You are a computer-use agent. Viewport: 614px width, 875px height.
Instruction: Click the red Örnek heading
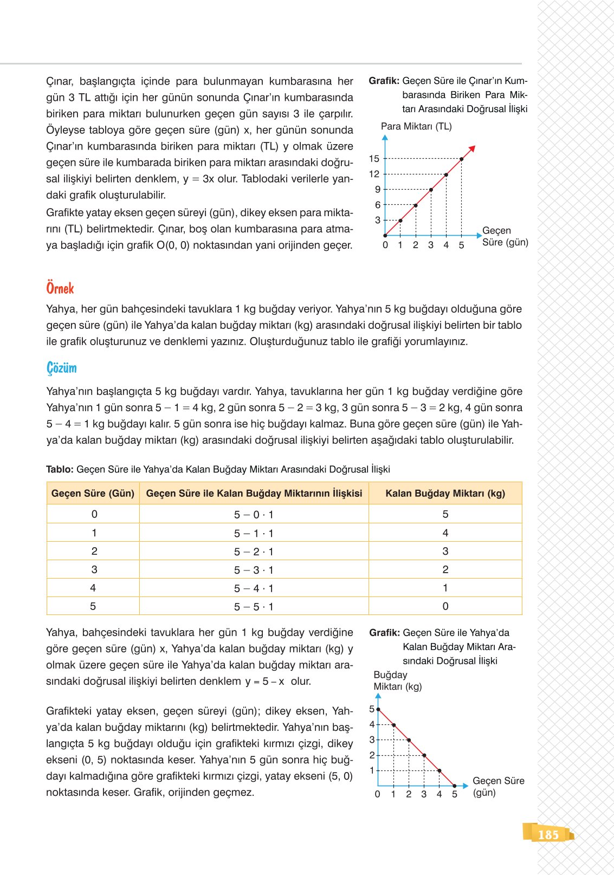point(60,288)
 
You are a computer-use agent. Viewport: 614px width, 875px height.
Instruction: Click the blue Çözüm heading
point(61,368)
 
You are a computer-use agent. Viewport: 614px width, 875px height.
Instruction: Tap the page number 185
point(548,834)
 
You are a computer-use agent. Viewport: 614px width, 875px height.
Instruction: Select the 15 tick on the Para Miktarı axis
point(374,159)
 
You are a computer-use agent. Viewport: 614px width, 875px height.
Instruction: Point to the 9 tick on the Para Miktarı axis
point(377,190)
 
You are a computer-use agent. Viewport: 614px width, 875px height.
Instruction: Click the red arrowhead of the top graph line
point(472,148)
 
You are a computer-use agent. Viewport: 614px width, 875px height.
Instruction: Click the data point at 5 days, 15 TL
point(461,159)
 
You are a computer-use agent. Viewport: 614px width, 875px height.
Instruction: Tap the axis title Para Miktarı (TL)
point(416,126)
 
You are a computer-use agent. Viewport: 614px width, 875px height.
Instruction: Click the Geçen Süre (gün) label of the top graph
point(505,236)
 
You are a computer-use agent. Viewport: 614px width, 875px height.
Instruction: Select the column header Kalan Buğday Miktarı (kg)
point(445,493)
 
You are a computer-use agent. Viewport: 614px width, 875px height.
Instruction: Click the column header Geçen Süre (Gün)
point(93,493)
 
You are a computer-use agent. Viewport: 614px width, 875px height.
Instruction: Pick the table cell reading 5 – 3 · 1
point(254,570)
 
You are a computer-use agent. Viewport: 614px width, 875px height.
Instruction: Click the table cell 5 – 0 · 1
point(254,515)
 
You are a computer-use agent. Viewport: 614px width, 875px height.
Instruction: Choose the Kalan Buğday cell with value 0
point(445,606)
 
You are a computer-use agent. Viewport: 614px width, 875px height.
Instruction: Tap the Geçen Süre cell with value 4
point(93,588)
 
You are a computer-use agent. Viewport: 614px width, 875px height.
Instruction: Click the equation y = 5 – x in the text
point(264,682)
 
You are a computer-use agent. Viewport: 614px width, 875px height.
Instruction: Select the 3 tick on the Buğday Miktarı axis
point(372,740)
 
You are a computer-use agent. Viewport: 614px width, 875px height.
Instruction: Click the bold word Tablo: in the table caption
point(60,469)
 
